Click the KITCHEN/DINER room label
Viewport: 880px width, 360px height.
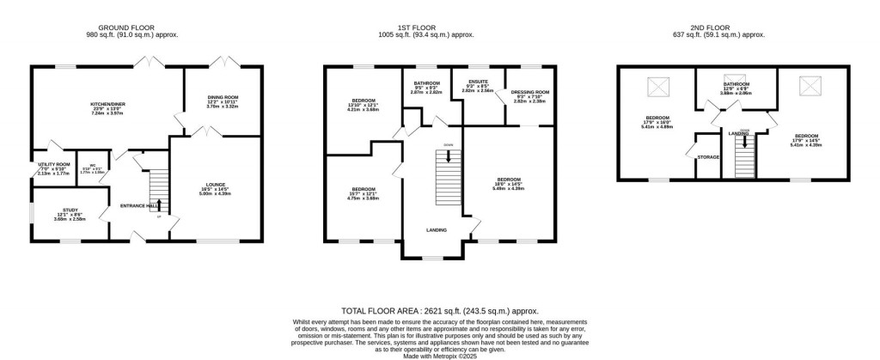coord(108,104)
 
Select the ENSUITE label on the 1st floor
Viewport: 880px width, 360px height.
coord(477,83)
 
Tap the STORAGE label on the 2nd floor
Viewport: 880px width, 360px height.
coord(708,156)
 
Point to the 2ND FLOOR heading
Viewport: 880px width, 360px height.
coord(718,27)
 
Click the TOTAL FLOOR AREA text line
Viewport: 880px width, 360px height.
coord(439,310)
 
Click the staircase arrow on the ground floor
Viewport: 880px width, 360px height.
coord(158,204)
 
